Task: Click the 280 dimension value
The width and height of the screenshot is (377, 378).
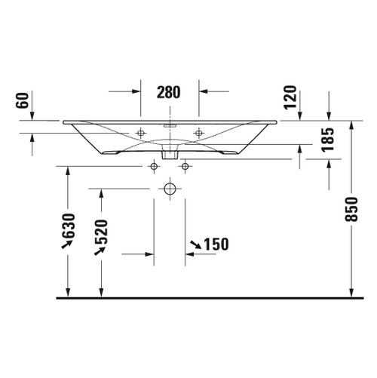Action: pos(169,93)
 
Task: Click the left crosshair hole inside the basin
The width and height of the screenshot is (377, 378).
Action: pos(140,133)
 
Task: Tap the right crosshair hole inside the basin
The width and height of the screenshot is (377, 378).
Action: pos(198,133)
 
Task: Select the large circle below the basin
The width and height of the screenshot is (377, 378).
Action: pos(170,187)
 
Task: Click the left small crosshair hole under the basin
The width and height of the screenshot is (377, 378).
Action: pos(154,165)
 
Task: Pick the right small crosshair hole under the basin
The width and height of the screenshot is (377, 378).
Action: pos(185,165)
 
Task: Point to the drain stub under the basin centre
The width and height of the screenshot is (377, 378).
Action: pos(170,153)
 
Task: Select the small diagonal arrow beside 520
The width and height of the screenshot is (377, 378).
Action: pos(98,251)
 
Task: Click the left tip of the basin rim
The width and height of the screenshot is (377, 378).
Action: pos(64,121)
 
